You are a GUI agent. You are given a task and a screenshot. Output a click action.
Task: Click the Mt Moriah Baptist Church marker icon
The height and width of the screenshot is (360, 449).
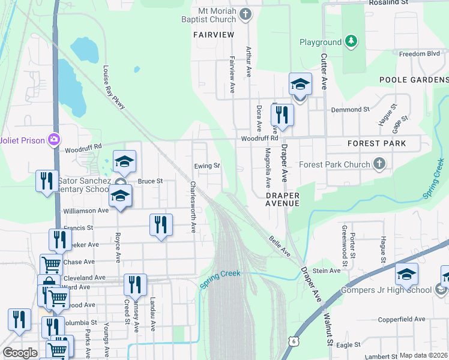tap(245, 14)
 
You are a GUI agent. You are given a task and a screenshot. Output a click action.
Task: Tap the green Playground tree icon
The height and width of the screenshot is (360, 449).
tap(351, 41)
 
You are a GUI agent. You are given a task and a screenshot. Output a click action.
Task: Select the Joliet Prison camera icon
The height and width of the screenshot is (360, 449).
tap(55, 139)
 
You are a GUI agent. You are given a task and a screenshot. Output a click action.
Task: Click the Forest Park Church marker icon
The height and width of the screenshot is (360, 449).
tap(379, 163)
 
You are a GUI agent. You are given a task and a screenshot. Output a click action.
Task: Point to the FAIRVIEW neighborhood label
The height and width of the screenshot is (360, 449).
tap(214, 35)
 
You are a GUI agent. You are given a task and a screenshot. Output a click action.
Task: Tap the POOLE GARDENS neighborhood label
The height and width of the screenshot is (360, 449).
tap(414, 80)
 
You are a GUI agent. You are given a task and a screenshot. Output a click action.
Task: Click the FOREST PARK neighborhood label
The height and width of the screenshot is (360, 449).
tap(376, 143)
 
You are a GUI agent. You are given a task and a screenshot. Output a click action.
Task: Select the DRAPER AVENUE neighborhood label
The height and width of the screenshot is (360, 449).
tap(282, 199)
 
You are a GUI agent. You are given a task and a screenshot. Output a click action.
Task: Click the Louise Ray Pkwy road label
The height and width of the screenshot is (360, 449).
tap(114, 87)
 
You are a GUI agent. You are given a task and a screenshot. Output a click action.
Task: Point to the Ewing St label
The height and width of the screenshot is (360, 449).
tap(207, 166)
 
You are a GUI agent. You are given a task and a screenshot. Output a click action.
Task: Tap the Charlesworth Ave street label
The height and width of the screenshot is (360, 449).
tap(193, 207)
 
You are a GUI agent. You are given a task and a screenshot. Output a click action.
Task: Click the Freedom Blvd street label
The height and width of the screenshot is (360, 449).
tap(420, 53)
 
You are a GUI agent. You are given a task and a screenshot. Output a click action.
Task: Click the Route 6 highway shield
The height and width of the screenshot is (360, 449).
tap(293, 341)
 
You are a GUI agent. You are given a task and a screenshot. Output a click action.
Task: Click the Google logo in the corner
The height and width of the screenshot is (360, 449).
tap(20, 353)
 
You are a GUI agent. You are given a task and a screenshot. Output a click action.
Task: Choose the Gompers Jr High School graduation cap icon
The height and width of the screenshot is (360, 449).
tap(406, 274)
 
